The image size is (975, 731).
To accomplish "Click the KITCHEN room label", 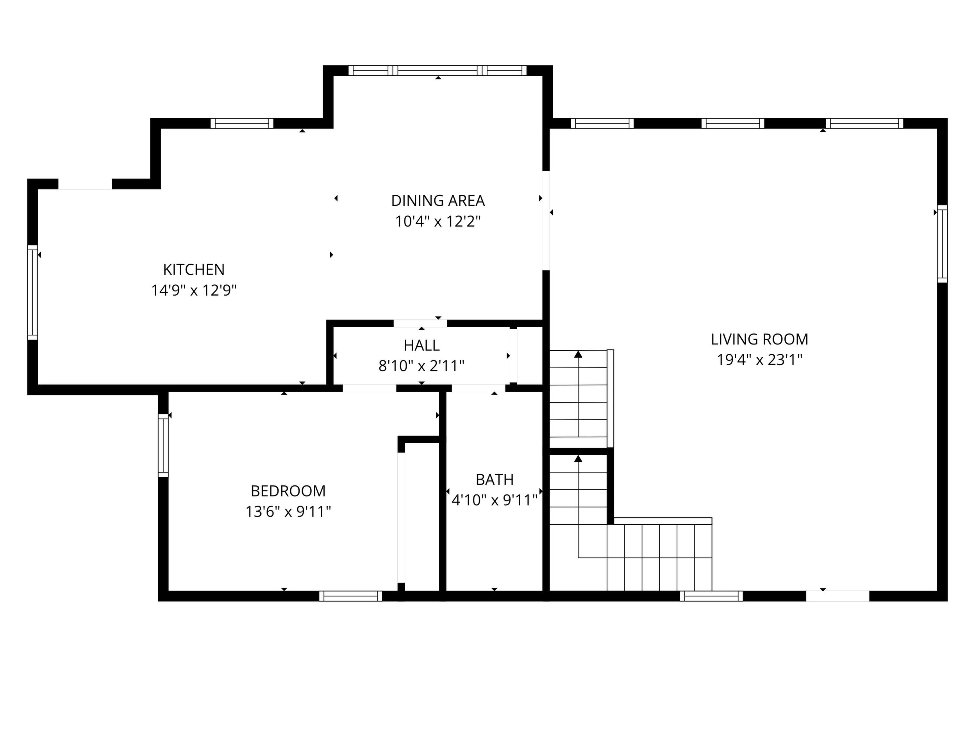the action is (194, 269).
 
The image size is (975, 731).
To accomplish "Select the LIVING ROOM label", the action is (759, 339).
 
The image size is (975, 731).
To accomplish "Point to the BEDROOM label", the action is (288, 491).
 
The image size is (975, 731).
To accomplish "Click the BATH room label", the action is (495, 480).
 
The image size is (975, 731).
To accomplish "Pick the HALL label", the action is (421, 346).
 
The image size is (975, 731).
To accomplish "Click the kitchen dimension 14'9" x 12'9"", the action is (194, 291).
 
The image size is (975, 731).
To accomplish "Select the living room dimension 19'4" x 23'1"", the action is (759, 360).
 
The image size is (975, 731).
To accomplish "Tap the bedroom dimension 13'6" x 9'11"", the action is (288, 512).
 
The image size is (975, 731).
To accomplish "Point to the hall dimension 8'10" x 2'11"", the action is (421, 366).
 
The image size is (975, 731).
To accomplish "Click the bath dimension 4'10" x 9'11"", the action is (495, 500).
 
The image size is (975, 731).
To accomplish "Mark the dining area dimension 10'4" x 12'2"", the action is (437, 221).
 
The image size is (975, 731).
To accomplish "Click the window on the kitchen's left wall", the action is (33, 292).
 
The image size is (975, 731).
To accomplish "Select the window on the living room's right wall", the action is (942, 244).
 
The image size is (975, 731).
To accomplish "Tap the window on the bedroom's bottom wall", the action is (350, 596).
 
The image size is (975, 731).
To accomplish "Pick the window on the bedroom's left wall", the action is (163, 445).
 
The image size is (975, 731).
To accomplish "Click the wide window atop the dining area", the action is (437, 71).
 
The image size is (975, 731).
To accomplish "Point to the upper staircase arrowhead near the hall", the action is (578, 354).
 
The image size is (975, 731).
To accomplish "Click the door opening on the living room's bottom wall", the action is (837, 596).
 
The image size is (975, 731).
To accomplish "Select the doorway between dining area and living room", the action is (546, 220).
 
